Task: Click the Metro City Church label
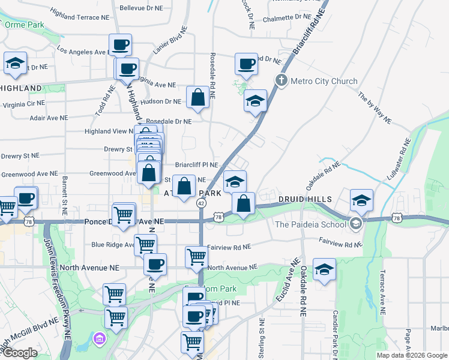[x=324, y=81]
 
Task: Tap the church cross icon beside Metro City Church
[x=281, y=80]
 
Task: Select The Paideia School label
[x=310, y=224]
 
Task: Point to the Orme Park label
[x=25, y=25]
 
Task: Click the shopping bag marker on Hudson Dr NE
[x=197, y=97]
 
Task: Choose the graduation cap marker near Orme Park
[x=15, y=63]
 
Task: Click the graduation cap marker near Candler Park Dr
[x=324, y=269]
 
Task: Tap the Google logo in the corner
[x=19, y=353]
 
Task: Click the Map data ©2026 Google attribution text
[x=412, y=355]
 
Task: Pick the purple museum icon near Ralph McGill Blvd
[x=99, y=341]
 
